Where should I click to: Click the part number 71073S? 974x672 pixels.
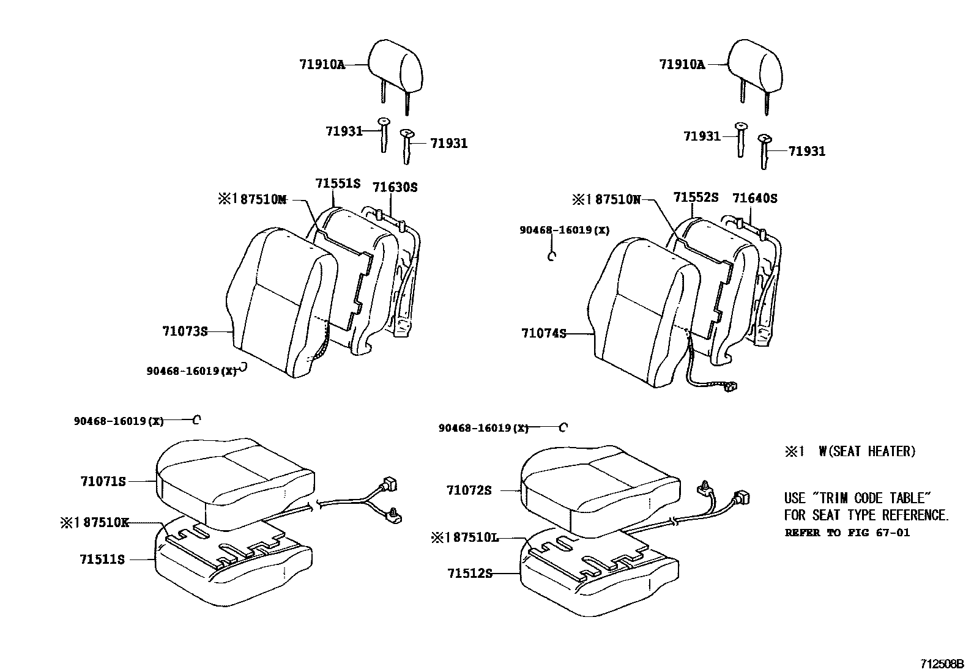pos(185,331)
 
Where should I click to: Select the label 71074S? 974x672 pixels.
pos(544,333)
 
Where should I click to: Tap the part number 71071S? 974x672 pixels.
pos(103,481)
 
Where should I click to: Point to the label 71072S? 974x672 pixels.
pos(469,490)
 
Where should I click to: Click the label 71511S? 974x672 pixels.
pos(102,559)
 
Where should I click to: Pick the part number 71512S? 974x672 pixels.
pos(469,573)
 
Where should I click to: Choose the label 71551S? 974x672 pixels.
pos(338,183)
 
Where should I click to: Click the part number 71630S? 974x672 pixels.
pos(395,188)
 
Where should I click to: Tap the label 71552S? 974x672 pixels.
pos(696,198)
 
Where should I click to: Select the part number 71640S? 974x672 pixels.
pos(754,198)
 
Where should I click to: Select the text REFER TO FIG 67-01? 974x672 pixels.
pos(847,533)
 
